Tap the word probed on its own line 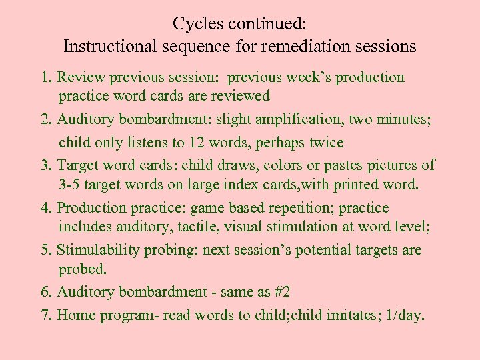[81, 269]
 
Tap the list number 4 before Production [45, 208]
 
